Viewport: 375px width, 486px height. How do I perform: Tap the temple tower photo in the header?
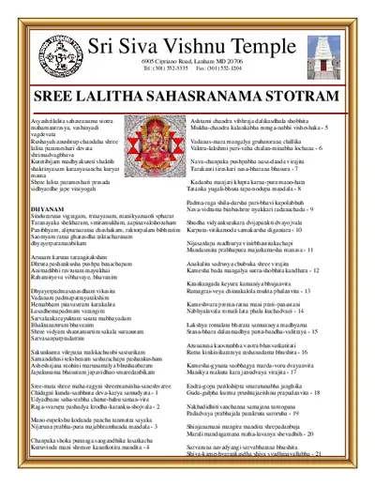322,48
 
